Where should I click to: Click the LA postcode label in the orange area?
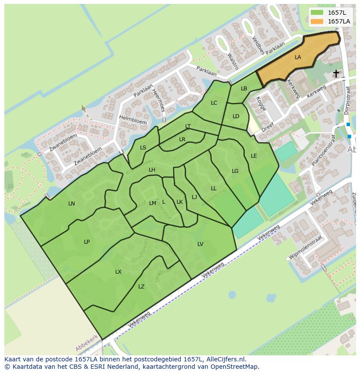(x=298, y=57)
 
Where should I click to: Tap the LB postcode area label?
(x=244, y=89)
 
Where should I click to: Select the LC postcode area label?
(x=214, y=103)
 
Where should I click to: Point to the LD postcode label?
(x=236, y=116)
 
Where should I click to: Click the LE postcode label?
(x=254, y=156)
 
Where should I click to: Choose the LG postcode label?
(x=235, y=171)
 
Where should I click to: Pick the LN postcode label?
(x=72, y=204)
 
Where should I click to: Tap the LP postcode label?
(x=87, y=242)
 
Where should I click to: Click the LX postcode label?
(x=118, y=272)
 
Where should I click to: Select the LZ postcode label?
(x=141, y=287)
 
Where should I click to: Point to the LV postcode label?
(x=200, y=244)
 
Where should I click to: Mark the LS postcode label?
(x=143, y=148)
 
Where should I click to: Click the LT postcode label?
(x=188, y=126)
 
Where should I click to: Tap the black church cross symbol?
(x=336, y=74)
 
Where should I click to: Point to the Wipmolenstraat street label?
(x=306, y=248)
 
